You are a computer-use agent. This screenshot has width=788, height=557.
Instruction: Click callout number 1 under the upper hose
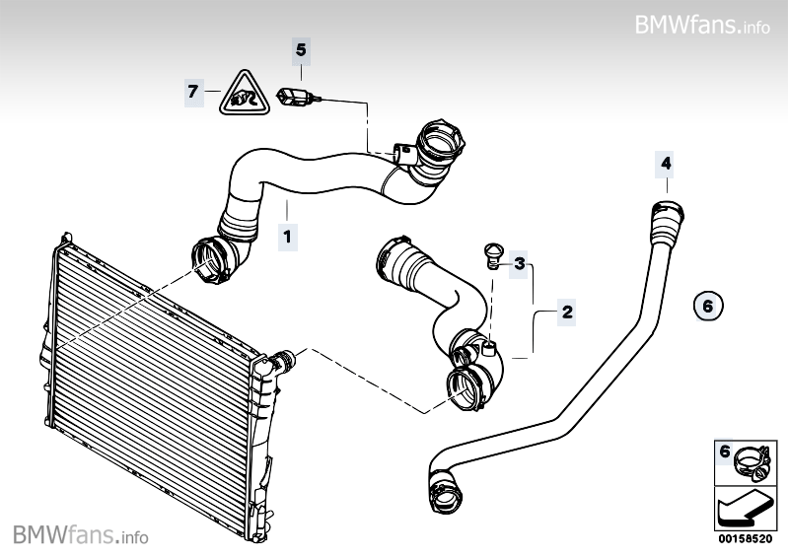point(287,236)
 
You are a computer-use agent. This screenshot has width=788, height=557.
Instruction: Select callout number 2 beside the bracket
point(566,313)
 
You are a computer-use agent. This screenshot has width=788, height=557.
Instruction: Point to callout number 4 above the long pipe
point(666,162)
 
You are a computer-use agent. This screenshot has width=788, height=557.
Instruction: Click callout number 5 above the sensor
point(302,48)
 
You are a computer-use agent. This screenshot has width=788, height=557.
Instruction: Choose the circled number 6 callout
point(707,307)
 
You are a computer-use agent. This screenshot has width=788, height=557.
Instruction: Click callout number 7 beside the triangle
point(193,92)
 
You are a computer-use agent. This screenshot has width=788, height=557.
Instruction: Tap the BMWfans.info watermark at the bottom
point(81,535)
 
